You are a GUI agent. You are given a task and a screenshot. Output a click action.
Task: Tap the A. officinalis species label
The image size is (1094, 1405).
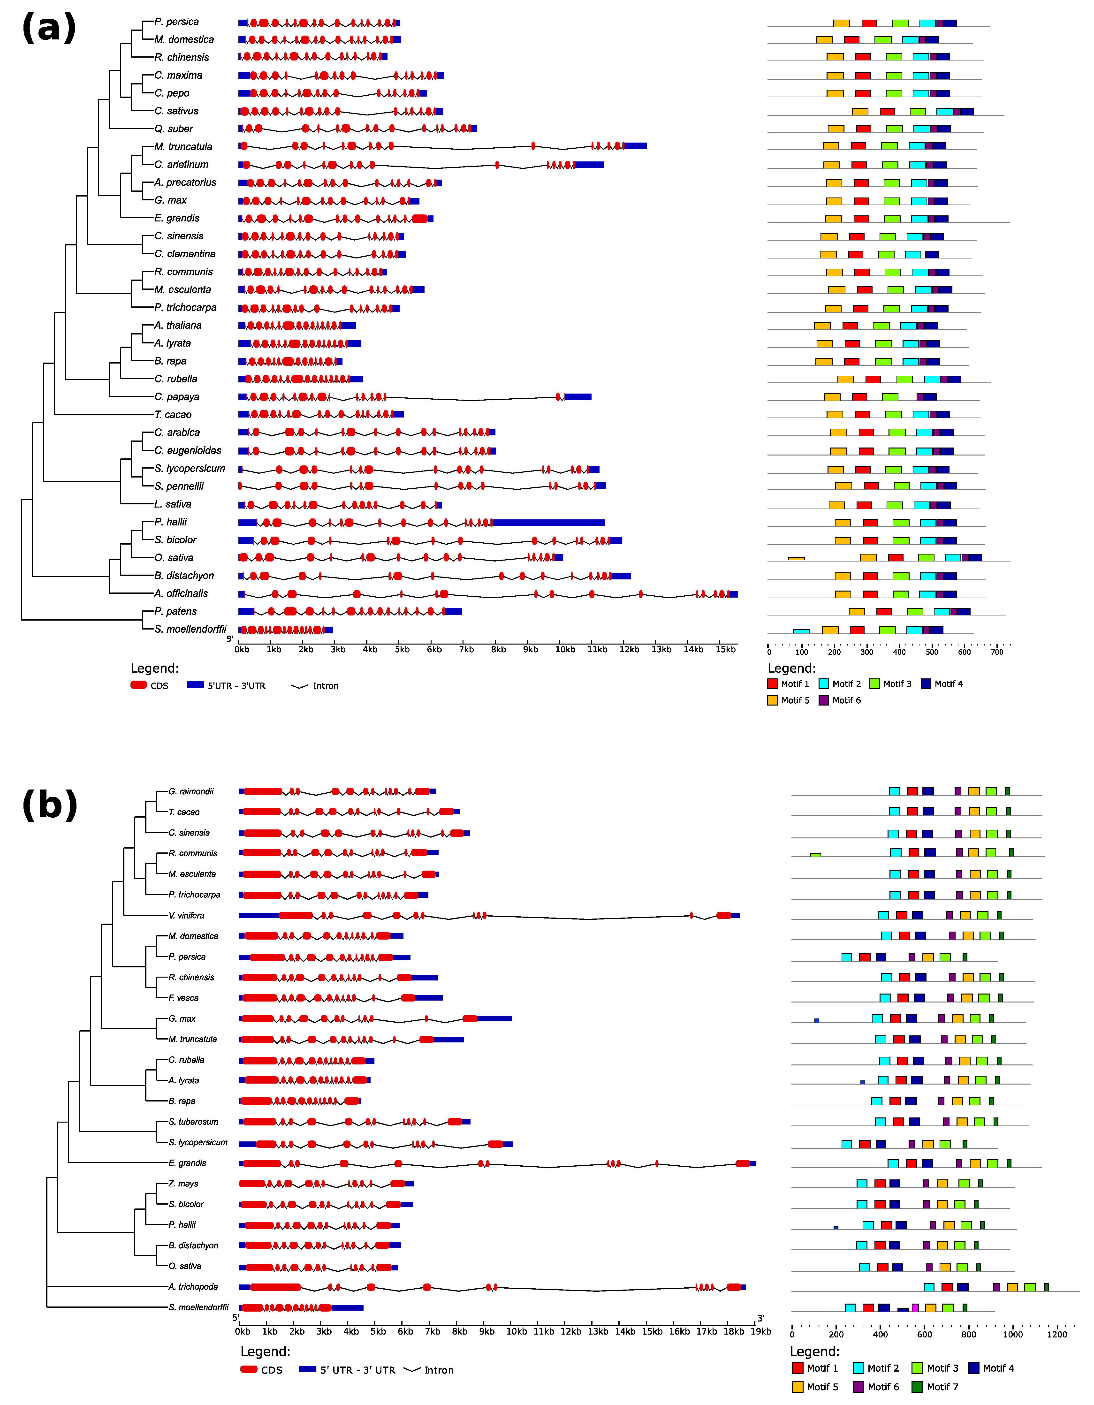(x=181, y=593)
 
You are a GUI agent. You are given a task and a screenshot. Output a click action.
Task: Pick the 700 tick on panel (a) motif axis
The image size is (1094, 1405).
(x=997, y=652)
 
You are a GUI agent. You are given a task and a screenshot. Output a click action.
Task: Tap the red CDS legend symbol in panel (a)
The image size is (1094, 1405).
(x=138, y=685)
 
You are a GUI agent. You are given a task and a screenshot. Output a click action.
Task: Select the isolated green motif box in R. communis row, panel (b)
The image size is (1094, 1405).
(x=815, y=854)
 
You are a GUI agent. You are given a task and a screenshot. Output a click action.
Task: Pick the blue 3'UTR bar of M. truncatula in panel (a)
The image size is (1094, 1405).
(x=635, y=146)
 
